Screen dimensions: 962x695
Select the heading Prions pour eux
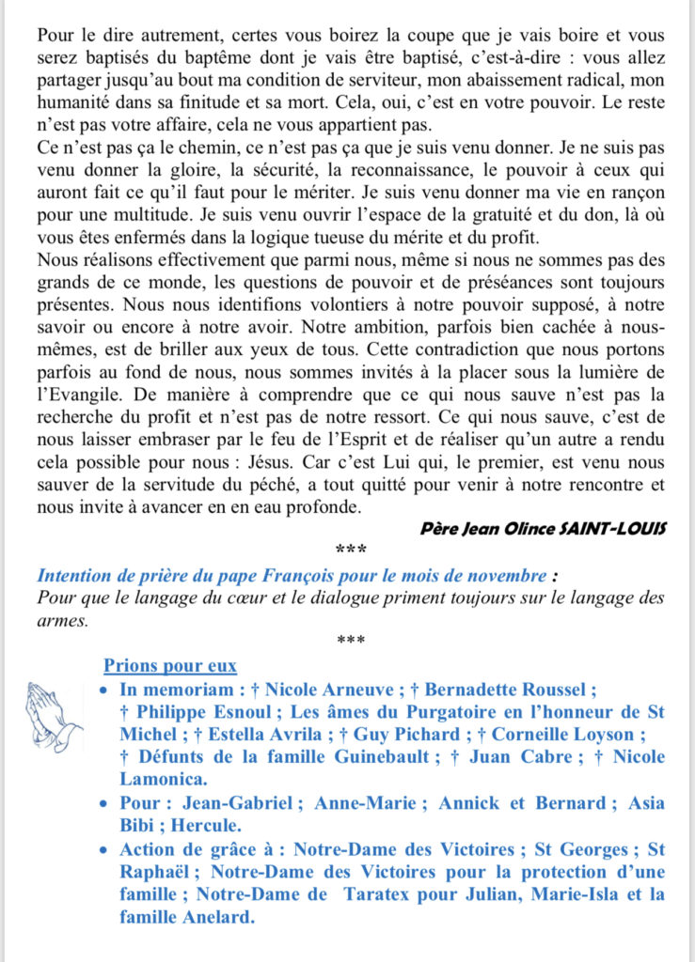(169, 666)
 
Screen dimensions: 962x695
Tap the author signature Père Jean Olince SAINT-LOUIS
(544, 527)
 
